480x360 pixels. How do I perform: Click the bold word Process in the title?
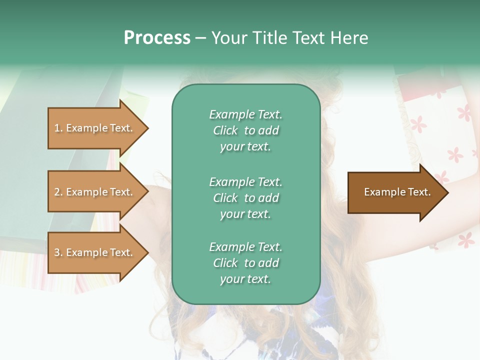point(157,38)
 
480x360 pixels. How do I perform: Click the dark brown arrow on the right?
point(395,192)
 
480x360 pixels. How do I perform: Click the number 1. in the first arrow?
point(58,128)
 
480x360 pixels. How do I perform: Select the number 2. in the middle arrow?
point(58,192)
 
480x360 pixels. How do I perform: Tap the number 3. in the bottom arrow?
point(58,252)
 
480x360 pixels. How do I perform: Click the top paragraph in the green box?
point(245,130)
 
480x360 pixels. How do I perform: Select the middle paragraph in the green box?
point(245,198)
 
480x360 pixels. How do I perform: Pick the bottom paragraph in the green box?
point(245,263)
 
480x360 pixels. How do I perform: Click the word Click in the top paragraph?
point(225,130)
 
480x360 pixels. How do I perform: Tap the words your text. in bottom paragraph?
point(245,279)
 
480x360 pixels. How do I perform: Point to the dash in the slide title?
point(200,38)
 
